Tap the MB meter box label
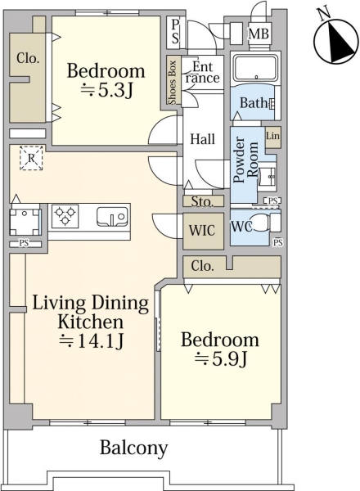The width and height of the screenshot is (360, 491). pyautogui.click(x=259, y=34)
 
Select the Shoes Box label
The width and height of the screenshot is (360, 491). pyautogui.click(x=173, y=82)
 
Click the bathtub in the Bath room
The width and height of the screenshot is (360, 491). pyautogui.click(x=256, y=68)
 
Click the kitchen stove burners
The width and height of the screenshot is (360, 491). pyautogui.click(x=65, y=216)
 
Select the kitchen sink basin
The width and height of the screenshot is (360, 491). pyautogui.click(x=112, y=216)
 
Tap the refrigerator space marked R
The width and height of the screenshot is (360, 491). pyautogui.click(x=31, y=159)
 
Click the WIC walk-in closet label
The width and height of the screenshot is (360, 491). pyautogui.click(x=202, y=231)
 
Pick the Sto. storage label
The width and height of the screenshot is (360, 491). pyautogui.click(x=202, y=201)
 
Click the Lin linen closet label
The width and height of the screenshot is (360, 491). pyautogui.click(x=272, y=136)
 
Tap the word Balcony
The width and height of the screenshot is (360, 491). pyautogui.click(x=133, y=448)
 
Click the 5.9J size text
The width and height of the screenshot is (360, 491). pyautogui.click(x=222, y=359)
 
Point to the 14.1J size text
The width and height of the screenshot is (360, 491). pyautogui.click(x=92, y=341)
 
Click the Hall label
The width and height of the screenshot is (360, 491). pyautogui.click(x=203, y=139)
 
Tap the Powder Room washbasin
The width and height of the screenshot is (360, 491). pyautogui.click(x=267, y=177)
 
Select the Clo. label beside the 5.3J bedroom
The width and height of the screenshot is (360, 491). pyautogui.click(x=28, y=58)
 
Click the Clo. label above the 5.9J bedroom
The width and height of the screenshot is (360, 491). pyautogui.click(x=203, y=266)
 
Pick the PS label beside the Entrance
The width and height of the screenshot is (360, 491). pyautogui.click(x=175, y=31)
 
